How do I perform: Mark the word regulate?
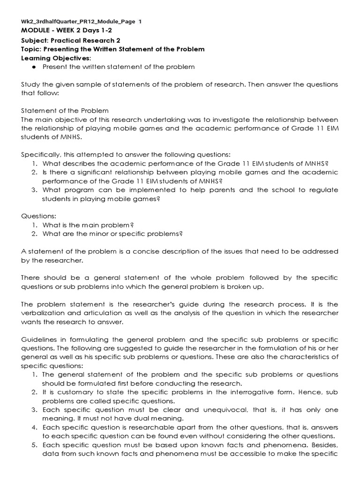pyautogui.click(x=323, y=190)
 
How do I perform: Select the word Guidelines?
pyautogui.click(x=40, y=339)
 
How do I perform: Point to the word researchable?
pyautogui.click(x=145, y=427)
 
